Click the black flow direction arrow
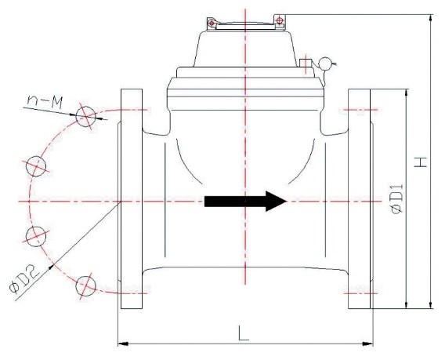pyautogui.click(x=245, y=201)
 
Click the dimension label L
pyautogui.click(x=243, y=333)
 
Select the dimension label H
pyautogui.click(x=420, y=162)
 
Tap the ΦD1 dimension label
pyautogui.click(x=396, y=198)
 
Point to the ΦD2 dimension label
pyautogui.click(x=24, y=281)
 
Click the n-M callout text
pyautogui.click(x=45, y=103)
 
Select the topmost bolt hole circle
pyautogui.click(x=85, y=116)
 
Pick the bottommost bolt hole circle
pyautogui.click(x=85, y=285)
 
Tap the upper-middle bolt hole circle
pyautogui.click(x=36, y=166)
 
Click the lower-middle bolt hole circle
pyautogui.click(x=36, y=236)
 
